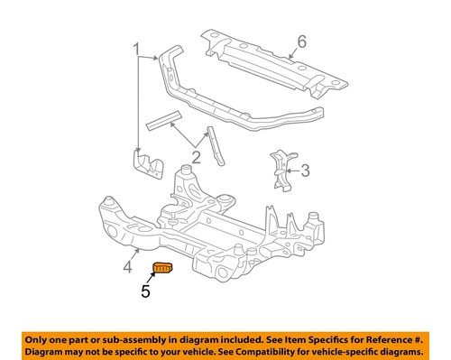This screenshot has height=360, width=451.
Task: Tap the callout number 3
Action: [x=305, y=169]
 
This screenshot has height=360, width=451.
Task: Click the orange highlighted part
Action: [x=163, y=269]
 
